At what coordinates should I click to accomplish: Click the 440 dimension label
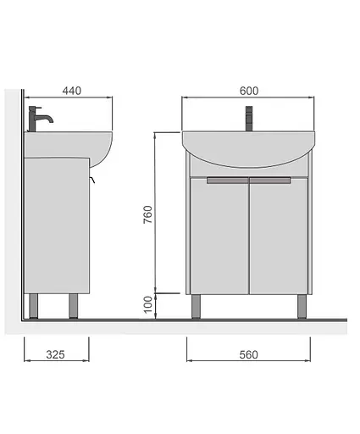pyautogui.click(x=72, y=91)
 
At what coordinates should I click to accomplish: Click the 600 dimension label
pyautogui.click(x=249, y=91)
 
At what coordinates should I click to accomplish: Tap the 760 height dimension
pyautogui.click(x=147, y=214)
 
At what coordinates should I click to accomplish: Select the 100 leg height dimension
pyautogui.click(x=147, y=304)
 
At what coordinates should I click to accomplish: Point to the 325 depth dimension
pyautogui.click(x=55, y=354)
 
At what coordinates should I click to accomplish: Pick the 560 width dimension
pyautogui.click(x=248, y=354)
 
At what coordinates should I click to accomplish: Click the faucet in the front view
pyautogui.click(x=249, y=119)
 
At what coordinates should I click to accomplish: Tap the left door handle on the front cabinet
pyautogui.click(x=227, y=181)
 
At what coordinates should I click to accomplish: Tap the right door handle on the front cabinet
pyautogui.click(x=270, y=181)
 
